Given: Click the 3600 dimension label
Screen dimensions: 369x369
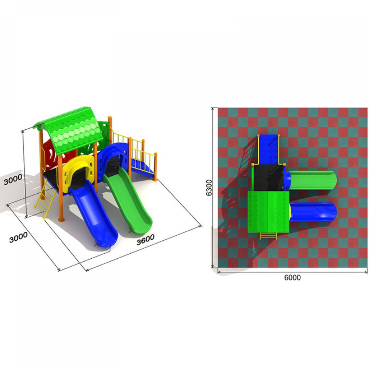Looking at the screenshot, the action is coord(146,239).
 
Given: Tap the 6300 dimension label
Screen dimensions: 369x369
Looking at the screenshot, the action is coord(209,188).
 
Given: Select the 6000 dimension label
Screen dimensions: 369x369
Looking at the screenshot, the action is coord(292,278).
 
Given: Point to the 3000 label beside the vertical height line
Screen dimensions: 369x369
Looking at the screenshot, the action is coord(13,180).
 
